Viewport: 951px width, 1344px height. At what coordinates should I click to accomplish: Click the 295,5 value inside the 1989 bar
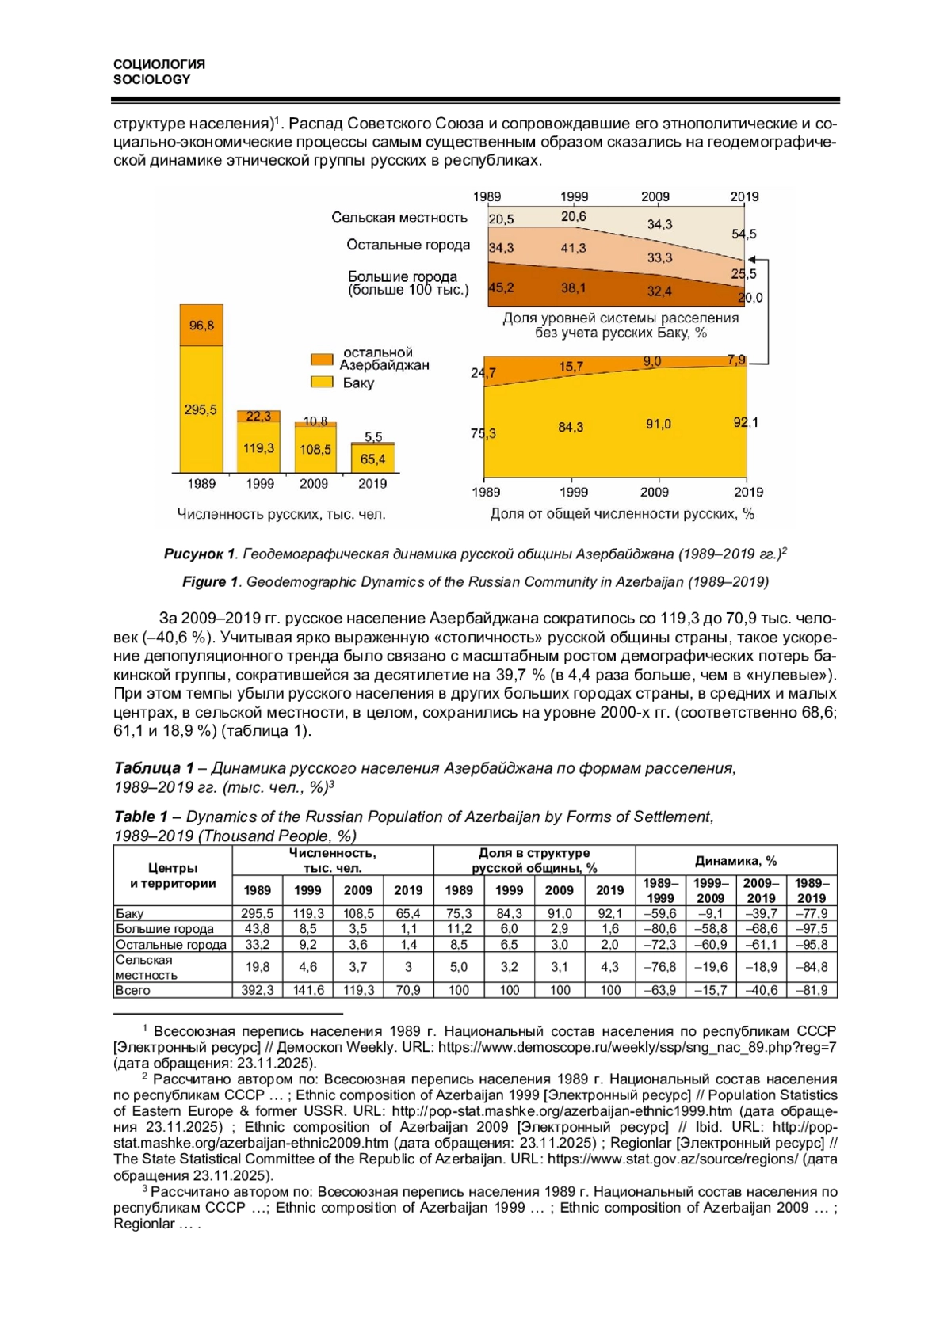pyautogui.click(x=201, y=409)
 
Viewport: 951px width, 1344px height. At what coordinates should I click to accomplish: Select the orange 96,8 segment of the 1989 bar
pyautogui.click(x=201, y=325)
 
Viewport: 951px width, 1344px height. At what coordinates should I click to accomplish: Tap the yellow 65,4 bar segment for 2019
pyautogui.click(x=372, y=459)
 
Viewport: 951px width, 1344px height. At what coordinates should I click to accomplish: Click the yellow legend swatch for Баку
pyautogui.click(x=322, y=383)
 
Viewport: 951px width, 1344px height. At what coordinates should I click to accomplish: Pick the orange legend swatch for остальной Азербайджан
pyautogui.click(x=322, y=359)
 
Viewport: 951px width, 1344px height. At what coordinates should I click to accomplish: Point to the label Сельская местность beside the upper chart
pyautogui.click(x=399, y=217)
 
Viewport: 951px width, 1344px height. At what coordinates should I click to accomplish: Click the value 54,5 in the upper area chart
pyautogui.click(x=743, y=234)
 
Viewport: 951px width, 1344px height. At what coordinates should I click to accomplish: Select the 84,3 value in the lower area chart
pyautogui.click(x=571, y=427)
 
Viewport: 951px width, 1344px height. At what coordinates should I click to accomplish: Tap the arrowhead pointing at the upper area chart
pyautogui.click(x=751, y=259)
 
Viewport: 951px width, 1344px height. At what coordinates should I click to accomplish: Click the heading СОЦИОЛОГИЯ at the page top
pyautogui.click(x=159, y=64)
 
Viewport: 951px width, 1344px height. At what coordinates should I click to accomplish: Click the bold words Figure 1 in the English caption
pyautogui.click(x=210, y=581)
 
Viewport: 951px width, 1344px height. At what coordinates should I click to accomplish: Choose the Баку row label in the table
pyautogui.click(x=130, y=913)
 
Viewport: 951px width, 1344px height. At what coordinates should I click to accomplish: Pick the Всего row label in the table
pyautogui.click(x=133, y=990)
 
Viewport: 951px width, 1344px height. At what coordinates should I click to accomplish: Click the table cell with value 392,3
pyautogui.click(x=258, y=990)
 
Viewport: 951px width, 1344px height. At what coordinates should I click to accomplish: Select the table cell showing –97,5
pyautogui.click(x=811, y=928)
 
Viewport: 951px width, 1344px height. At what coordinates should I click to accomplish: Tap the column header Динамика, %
pyautogui.click(x=735, y=860)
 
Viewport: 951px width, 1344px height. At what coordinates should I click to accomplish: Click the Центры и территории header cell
pyautogui.click(x=173, y=875)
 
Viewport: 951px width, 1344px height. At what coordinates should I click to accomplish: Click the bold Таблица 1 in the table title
pyautogui.click(x=154, y=767)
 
